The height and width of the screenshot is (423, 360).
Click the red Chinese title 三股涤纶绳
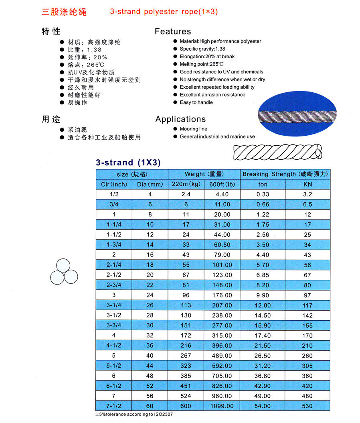pos(64,12)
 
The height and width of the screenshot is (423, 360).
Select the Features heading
pos(173,31)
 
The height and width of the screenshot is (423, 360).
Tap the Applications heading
pos(180,119)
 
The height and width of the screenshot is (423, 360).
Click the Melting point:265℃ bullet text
pos(201,64)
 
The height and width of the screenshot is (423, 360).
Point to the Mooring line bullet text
pos(193,129)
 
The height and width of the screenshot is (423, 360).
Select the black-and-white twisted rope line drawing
pos(278,152)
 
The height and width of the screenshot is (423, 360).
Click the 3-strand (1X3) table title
pos(128,163)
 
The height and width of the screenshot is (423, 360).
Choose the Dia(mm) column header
pos(150,185)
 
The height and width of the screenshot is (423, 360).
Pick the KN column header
pos(307,185)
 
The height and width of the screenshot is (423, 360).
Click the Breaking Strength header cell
pos(285,174)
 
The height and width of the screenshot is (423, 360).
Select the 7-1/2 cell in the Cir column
pos(114,406)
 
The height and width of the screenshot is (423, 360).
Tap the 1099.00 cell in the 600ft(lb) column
pos(222,406)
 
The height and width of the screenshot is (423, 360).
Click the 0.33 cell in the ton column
pos(263,194)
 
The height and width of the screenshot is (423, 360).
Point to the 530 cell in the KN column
pos(307,406)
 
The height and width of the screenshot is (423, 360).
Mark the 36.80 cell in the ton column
pos(263,376)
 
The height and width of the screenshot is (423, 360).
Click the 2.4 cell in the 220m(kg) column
pos(186,194)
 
